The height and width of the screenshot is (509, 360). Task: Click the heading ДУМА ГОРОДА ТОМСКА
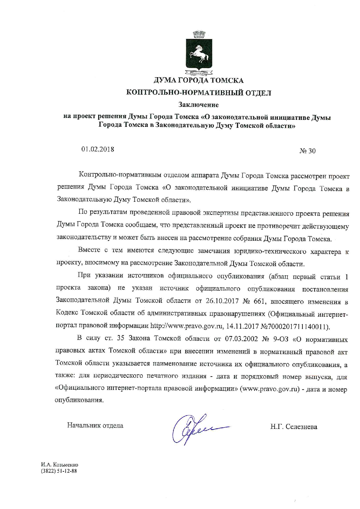pos(199,80)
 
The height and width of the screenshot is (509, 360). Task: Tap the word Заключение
pos(199,104)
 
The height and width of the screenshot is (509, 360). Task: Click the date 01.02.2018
pos(98,149)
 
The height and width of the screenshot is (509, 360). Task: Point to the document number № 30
pos(307,151)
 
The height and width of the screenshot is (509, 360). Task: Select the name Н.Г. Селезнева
pos(294,427)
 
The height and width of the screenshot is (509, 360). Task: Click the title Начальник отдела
pos(95,425)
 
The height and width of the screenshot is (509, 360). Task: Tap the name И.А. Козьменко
pos(60,465)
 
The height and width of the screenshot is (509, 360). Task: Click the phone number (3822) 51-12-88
pos(60,471)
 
